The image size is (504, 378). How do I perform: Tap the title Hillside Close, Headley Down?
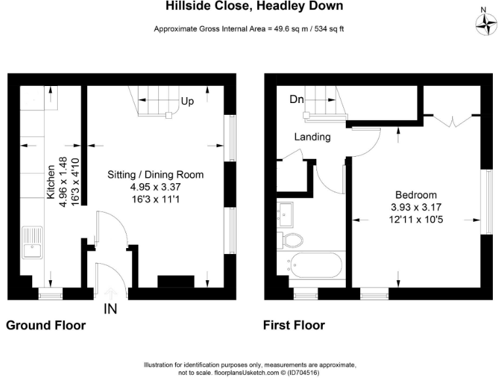pyautogui.click(x=252, y=7)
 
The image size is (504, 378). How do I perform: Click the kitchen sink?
pyautogui.click(x=32, y=242)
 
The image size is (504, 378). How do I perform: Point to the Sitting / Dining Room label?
pyautogui.click(x=156, y=175)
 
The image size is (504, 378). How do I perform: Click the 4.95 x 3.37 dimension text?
pyautogui.click(x=156, y=186)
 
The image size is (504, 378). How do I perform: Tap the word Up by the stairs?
pyautogui.click(x=187, y=102)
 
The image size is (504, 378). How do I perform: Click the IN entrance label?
pyautogui.click(x=110, y=308)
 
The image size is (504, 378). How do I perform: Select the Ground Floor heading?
pyautogui.click(x=46, y=325)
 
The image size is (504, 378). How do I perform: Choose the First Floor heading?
pyautogui.click(x=294, y=325)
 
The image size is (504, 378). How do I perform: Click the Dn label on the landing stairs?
pyautogui.click(x=296, y=100)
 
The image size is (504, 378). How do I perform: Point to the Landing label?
pyautogui.click(x=312, y=137)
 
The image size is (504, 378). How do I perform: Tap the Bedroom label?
pyautogui.click(x=415, y=195)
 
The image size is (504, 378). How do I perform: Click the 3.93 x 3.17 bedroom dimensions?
pyautogui.click(x=415, y=207)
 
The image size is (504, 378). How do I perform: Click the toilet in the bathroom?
pyautogui.click(x=289, y=238)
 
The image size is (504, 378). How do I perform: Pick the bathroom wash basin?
pyautogui.click(x=287, y=212)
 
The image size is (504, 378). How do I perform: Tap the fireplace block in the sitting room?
pyautogui.click(x=176, y=281)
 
